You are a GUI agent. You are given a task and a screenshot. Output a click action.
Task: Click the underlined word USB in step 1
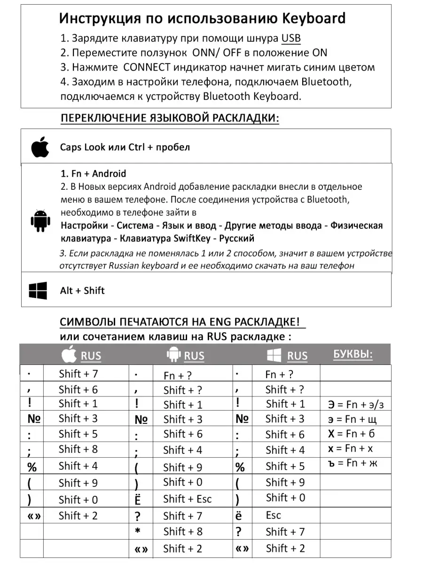(291, 38)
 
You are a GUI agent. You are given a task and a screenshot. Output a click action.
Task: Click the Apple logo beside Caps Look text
(40, 147)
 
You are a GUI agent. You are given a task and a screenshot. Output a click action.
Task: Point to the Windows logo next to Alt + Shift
(38, 291)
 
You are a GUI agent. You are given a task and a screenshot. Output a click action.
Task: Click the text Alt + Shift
(82, 291)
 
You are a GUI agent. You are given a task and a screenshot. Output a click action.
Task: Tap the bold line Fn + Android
(93, 174)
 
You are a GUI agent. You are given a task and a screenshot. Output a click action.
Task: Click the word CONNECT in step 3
(147, 67)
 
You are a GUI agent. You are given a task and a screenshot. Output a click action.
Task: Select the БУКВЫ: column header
(352, 355)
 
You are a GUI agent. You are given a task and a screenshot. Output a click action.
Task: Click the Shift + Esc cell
(187, 499)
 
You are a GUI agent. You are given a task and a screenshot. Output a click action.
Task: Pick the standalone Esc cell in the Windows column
(273, 515)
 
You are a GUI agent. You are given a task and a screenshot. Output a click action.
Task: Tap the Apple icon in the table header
(69, 355)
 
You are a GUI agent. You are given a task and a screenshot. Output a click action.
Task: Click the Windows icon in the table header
(274, 355)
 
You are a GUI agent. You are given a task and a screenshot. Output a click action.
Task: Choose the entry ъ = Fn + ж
(352, 463)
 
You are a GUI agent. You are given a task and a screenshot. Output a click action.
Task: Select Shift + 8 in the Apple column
(78, 449)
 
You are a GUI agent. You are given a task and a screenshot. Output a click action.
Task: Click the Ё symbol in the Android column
(138, 500)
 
